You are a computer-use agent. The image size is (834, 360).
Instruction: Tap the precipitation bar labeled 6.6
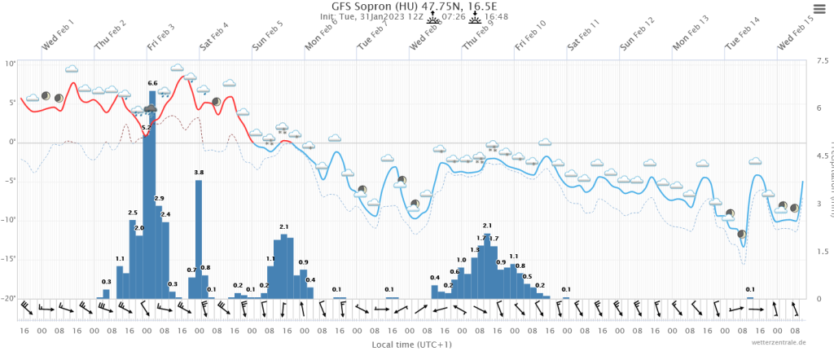pos(152,195)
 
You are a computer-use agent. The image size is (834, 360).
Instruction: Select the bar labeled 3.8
pos(199,236)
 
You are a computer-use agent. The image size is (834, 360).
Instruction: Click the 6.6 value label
pos(152,83)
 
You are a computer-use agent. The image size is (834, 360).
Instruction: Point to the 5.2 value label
pos(146,127)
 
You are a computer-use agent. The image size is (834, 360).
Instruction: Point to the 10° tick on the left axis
pos(10,64)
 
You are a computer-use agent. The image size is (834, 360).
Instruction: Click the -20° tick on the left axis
pos(8,298)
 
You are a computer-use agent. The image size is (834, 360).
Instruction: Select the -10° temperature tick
pos(8,220)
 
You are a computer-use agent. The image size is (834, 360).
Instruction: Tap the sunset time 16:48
pos(496,16)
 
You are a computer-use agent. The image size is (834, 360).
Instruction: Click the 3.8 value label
pos(199,173)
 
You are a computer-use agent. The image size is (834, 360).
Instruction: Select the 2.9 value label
pos(159,199)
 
